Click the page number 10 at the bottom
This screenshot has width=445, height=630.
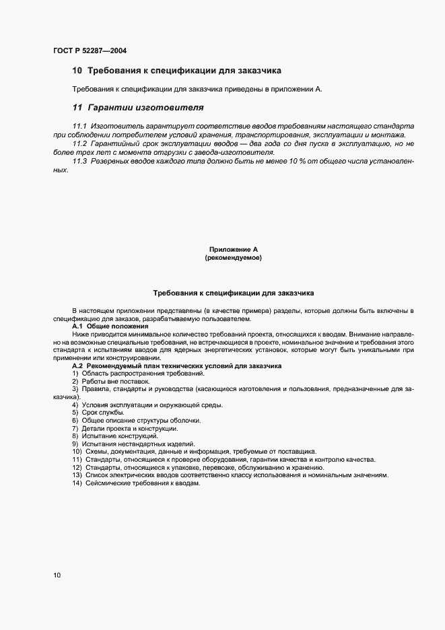(x=57, y=575)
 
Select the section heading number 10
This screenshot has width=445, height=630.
(x=77, y=70)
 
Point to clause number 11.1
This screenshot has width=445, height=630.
(x=79, y=126)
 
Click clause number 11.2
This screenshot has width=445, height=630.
(x=79, y=144)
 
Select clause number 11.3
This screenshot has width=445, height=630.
(x=79, y=162)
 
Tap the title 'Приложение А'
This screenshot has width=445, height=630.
(x=233, y=250)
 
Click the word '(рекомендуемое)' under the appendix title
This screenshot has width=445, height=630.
(x=233, y=258)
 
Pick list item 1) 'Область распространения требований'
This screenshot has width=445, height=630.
(x=138, y=373)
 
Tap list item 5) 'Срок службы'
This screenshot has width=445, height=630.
(x=98, y=413)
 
